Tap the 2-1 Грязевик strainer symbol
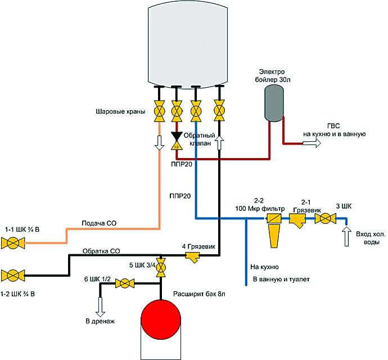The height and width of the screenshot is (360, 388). click(x=297, y=222)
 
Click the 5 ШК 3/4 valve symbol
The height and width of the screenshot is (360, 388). click(x=161, y=267)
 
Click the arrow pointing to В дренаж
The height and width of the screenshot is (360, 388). click(x=101, y=307)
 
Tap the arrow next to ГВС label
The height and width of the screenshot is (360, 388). click(x=312, y=143)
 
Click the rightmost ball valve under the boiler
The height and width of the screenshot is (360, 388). click(x=219, y=111)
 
